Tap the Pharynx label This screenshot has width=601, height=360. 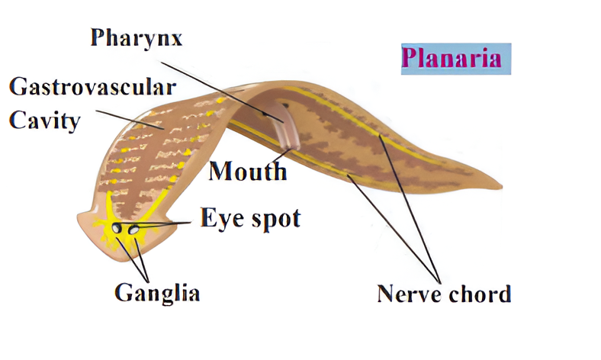click(x=137, y=38)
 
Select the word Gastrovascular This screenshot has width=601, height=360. click(x=92, y=86)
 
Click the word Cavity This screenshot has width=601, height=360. click(x=45, y=120)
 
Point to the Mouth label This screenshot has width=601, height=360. click(x=248, y=171)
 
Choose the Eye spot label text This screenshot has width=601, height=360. click(x=250, y=218)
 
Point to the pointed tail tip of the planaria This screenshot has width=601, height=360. click(x=500, y=185)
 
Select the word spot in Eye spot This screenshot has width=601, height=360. click(x=274, y=220)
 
